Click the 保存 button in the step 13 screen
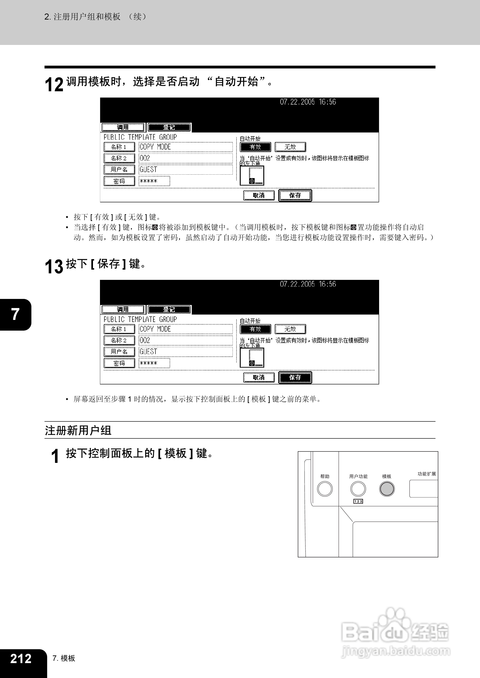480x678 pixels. pyautogui.click(x=295, y=377)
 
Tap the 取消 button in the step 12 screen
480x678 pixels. pyautogui.click(x=259, y=196)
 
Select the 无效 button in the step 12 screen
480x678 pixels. pyautogui.click(x=290, y=147)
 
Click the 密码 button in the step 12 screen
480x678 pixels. pyautogui.click(x=119, y=181)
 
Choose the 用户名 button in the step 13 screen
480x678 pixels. pyautogui.click(x=119, y=352)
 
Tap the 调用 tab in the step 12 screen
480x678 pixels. pyautogui.click(x=123, y=127)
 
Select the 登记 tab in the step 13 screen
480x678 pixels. pyautogui.click(x=169, y=309)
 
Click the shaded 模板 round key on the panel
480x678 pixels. pyautogui.click(x=387, y=489)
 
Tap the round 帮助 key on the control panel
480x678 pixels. pyautogui.click(x=325, y=489)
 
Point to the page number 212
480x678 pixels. pyautogui.click(x=21, y=658)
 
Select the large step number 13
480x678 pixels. pyautogui.click(x=54, y=266)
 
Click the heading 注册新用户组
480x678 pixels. pyautogui.click(x=78, y=430)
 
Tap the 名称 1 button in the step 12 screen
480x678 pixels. pyautogui.click(x=119, y=147)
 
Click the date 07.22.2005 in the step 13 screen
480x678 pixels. pyautogui.click(x=297, y=284)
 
